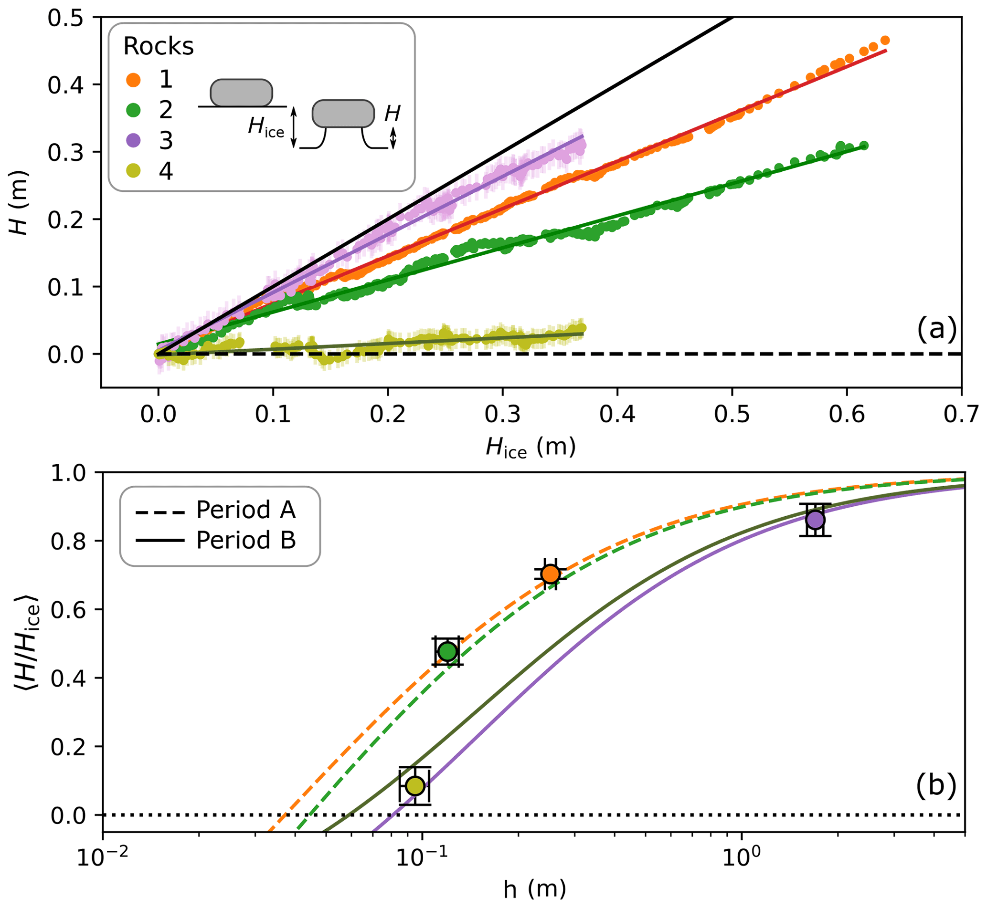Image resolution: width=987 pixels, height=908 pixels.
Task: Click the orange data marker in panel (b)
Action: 550,574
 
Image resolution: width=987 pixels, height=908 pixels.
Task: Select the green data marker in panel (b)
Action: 447,651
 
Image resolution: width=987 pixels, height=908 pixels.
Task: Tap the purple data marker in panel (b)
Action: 815,519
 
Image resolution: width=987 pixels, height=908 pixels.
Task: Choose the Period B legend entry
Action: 216,540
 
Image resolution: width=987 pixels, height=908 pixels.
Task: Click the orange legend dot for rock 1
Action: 133,80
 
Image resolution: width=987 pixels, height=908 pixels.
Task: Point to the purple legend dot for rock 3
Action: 133,141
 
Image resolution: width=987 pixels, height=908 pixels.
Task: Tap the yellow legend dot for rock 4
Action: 133,171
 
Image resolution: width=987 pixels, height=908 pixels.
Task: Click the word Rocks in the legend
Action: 159,46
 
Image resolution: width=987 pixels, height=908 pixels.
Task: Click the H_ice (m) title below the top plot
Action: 531,448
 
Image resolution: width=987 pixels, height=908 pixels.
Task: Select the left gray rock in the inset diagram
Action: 241,93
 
